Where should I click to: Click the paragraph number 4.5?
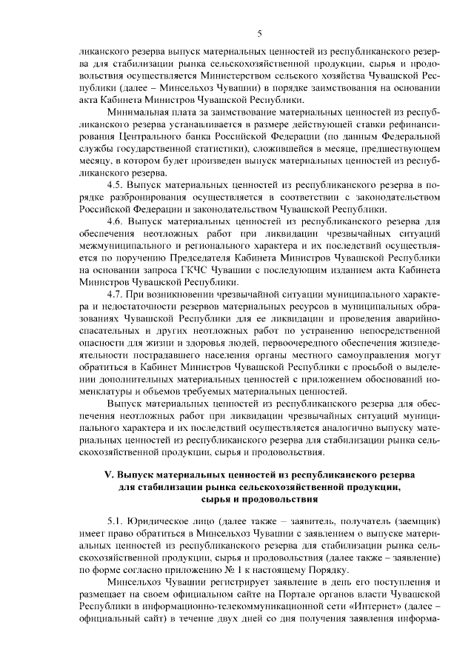116,183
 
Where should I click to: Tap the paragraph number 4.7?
116,294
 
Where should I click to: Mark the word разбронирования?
138,196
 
